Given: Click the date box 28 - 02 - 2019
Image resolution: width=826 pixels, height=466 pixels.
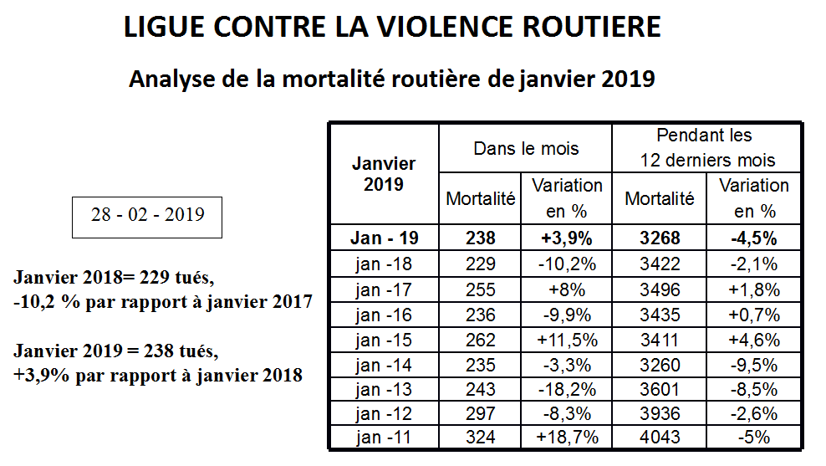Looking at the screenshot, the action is pyautogui.click(x=147, y=218).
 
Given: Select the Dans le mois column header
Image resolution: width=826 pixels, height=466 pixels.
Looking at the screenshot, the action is pyautogui.click(x=526, y=149).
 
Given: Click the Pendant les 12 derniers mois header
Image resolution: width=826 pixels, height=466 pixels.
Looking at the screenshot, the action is pyautogui.click(x=706, y=147).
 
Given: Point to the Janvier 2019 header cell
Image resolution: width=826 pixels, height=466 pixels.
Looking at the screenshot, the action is pyautogui.click(x=384, y=174).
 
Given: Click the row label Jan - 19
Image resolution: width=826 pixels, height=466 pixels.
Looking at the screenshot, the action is pyautogui.click(x=384, y=238).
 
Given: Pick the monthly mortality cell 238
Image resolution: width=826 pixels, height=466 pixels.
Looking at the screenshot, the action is pyautogui.click(x=480, y=238).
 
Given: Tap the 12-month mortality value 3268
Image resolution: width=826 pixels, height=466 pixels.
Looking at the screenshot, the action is pyautogui.click(x=660, y=238).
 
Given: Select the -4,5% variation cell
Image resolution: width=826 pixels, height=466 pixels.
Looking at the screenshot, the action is pyautogui.click(x=754, y=238).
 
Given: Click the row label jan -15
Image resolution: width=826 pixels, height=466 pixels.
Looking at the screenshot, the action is pyautogui.click(x=384, y=340).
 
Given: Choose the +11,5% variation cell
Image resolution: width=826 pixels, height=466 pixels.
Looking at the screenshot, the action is pyautogui.click(x=567, y=340).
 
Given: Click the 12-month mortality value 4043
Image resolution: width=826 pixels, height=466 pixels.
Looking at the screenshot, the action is pyautogui.click(x=660, y=437).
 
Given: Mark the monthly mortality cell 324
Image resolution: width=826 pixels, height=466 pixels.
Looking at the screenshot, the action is pyautogui.click(x=480, y=437).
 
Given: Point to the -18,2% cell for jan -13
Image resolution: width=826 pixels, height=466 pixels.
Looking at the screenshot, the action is pyautogui.click(x=567, y=390).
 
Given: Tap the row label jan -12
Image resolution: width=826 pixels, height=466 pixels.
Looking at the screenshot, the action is pyautogui.click(x=384, y=414).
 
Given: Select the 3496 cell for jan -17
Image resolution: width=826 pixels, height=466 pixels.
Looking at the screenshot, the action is pyautogui.click(x=660, y=289).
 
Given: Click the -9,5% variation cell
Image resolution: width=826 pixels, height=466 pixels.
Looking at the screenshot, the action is pyautogui.click(x=754, y=365).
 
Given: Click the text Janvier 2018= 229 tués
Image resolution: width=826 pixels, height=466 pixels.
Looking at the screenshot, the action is pyautogui.click(x=114, y=277).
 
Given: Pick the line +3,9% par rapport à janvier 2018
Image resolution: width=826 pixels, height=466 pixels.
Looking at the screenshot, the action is pyautogui.click(x=158, y=376).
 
